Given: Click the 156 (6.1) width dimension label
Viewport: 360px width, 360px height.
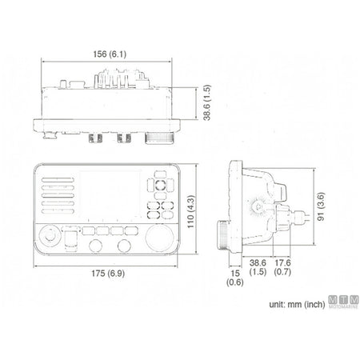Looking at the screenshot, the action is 110,54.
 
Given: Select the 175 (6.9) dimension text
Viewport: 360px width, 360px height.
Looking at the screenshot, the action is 108,274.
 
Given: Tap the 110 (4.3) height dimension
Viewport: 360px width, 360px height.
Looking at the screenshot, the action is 191,212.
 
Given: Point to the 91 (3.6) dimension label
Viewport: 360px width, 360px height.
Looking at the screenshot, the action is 321,206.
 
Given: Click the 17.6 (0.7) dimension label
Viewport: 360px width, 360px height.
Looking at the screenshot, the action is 282,267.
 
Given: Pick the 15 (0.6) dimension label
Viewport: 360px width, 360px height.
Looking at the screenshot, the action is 235,278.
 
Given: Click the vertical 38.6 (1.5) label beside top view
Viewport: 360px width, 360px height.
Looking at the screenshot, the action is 207,102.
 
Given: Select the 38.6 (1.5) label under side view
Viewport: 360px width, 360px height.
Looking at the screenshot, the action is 258,267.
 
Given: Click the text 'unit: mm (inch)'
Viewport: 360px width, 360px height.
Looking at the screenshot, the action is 297,304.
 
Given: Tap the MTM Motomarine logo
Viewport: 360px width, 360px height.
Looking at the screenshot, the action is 343,302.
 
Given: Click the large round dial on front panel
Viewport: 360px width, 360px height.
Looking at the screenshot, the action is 160,238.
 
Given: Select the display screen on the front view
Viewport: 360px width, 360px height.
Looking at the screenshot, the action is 110,194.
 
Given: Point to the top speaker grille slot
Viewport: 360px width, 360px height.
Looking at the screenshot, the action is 58,180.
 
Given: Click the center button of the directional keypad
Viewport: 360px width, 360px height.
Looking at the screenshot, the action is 160,184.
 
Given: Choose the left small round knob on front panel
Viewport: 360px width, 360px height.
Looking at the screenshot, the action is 95,246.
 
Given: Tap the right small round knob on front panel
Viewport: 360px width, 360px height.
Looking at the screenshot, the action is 124,246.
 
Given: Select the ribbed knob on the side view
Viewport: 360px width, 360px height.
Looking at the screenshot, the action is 223,234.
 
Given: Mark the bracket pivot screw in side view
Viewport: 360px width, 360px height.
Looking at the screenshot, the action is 258,206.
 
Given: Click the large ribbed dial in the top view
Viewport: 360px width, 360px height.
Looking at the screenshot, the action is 159,138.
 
